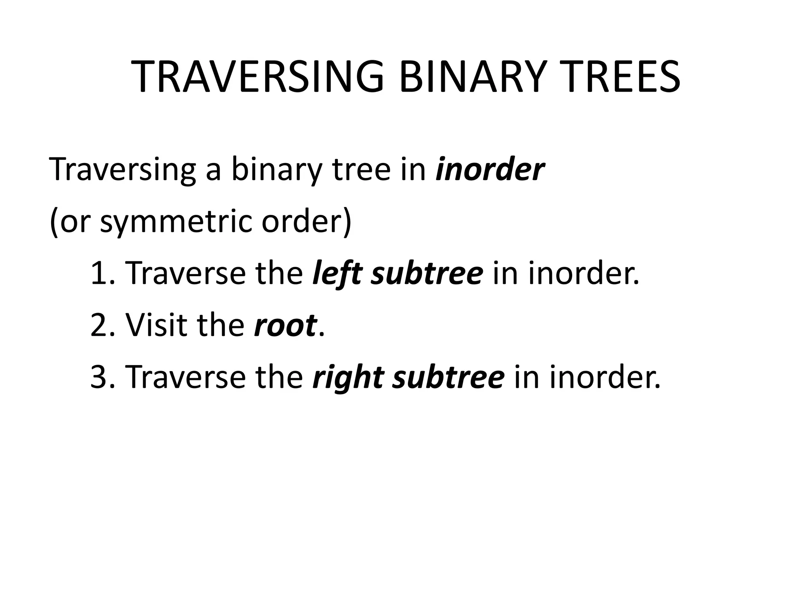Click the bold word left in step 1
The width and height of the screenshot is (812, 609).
(x=337, y=274)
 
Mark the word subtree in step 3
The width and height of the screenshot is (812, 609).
(x=448, y=377)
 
